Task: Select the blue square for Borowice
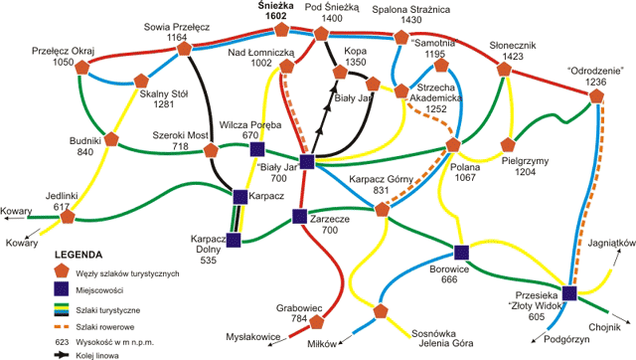(461, 252)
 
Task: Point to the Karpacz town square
(240, 196)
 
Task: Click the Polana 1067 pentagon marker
(453, 146)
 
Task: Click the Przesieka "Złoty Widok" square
(569, 293)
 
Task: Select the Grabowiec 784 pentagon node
(318, 321)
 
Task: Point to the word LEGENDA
(79, 255)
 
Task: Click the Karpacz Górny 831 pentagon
(382, 209)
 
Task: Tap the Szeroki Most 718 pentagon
(211, 152)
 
